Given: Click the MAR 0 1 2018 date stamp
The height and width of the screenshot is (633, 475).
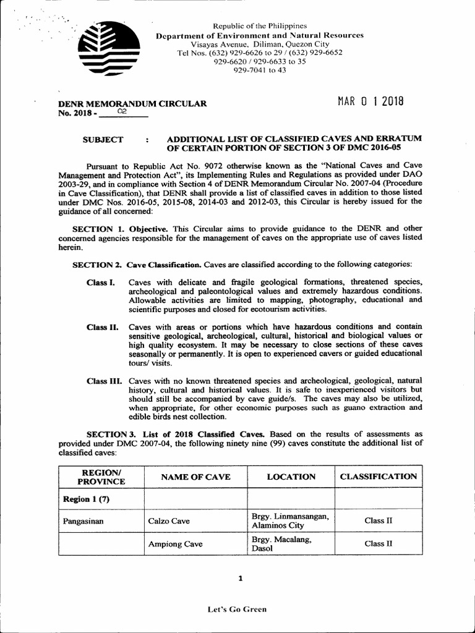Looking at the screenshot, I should (x=370, y=101).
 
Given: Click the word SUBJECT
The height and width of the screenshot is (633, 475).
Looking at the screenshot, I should (x=103, y=140).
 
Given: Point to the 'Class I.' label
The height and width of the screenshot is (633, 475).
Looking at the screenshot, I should (x=101, y=283).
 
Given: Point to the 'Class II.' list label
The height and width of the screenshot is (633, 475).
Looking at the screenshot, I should (x=103, y=327).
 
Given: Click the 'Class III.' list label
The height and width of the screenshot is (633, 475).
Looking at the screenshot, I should (x=105, y=381).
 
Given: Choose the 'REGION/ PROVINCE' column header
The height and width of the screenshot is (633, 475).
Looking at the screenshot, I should (x=101, y=477).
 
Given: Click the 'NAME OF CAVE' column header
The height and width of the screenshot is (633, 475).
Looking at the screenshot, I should (x=195, y=477).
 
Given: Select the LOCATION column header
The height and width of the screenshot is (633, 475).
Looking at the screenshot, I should (x=291, y=477).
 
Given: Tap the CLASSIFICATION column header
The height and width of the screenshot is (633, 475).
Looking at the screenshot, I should (x=379, y=477).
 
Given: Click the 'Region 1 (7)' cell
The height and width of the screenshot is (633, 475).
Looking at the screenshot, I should (x=83, y=499).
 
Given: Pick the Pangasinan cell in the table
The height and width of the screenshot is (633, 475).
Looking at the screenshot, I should (x=83, y=521).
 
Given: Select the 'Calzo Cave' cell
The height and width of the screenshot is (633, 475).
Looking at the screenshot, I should (x=169, y=521).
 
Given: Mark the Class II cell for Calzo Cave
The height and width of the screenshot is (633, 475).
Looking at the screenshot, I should (x=379, y=520).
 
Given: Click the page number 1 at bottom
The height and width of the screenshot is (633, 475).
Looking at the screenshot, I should (x=240, y=579).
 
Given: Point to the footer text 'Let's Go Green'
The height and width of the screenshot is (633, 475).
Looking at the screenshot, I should (x=237, y=610).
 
